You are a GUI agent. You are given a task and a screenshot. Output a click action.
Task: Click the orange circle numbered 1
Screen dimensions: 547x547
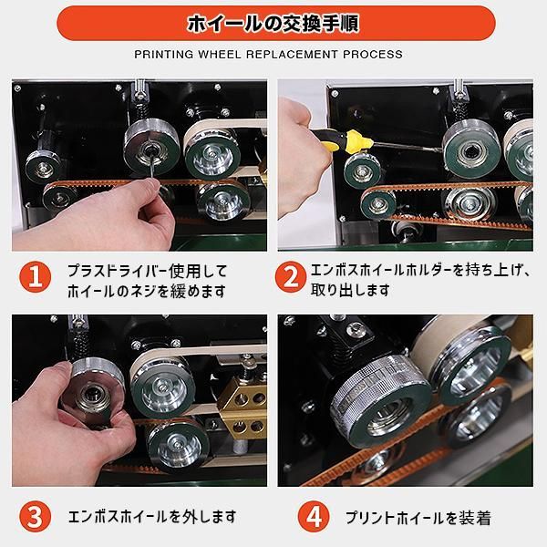[34, 281]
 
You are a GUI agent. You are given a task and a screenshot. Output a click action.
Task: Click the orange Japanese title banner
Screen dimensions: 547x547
[273, 22]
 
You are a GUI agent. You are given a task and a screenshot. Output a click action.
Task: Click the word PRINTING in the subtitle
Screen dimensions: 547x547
[167, 55]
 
